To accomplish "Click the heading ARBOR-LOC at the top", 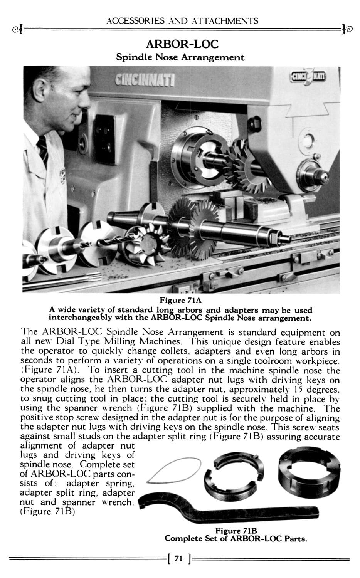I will [180, 44].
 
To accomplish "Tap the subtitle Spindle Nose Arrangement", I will [180, 57].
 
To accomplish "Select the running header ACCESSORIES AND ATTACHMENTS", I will [182, 20].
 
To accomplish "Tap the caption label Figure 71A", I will [180, 300].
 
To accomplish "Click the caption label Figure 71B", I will [236, 531].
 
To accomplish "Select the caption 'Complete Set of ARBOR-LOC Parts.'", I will [236, 538].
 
